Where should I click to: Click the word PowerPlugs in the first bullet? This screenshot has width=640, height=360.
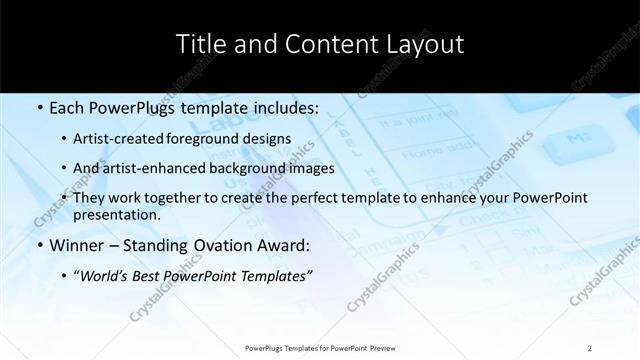click(x=123, y=108)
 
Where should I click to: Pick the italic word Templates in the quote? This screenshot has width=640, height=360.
click(x=278, y=275)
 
